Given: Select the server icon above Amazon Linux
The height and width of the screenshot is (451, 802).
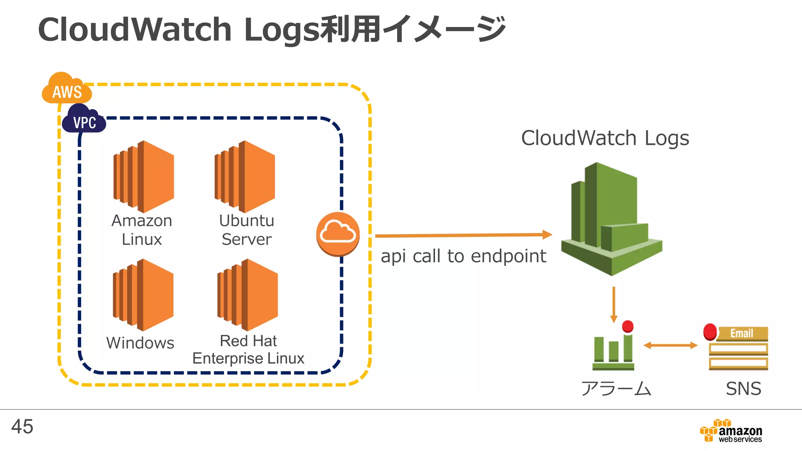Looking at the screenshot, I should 144,177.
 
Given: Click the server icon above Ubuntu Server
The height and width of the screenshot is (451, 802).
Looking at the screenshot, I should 245,177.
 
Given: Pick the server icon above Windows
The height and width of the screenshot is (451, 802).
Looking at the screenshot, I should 143,295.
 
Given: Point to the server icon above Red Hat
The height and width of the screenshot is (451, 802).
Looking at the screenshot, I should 247,295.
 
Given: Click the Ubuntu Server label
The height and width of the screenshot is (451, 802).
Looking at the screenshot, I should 246,230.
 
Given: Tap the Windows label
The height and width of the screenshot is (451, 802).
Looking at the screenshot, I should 140,343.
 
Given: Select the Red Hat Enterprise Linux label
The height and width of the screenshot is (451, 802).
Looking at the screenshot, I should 248,350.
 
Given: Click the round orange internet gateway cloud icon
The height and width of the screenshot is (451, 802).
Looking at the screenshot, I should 338,234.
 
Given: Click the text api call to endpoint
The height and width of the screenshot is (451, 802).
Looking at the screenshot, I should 463,256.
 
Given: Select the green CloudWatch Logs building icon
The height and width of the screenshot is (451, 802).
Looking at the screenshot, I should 611,219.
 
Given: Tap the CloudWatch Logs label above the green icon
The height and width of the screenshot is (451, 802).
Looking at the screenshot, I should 605,138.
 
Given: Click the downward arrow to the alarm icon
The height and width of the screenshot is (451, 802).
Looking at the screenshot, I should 614,305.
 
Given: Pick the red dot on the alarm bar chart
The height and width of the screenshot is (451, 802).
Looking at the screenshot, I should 628,326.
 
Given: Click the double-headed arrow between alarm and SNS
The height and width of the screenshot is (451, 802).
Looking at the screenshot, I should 670,345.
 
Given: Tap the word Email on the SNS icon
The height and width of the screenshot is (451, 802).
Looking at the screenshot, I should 741,333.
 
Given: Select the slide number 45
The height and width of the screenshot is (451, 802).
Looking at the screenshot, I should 22,426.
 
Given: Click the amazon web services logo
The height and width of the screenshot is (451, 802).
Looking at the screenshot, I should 731,431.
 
